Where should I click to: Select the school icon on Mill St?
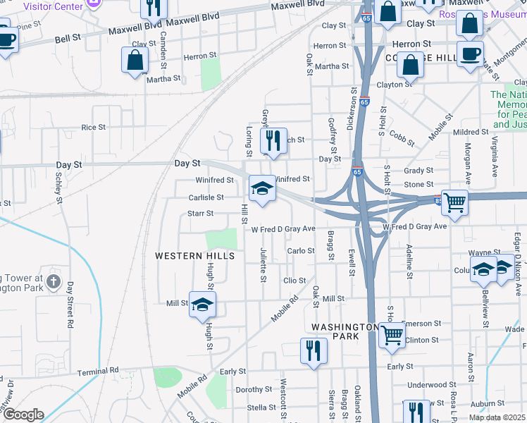pyautogui.click(x=202, y=304)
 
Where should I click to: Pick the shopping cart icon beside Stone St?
pyautogui.click(x=454, y=204)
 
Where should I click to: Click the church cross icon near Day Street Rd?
pyautogui.click(x=53, y=283)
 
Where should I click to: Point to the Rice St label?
pyautogui.click(x=93, y=128)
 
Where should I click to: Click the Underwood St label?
pyautogui.click(x=427, y=385)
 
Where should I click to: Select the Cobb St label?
pyautogui.click(x=402, y=138)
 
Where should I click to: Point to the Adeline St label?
pyautogui.click(x=409, y=262)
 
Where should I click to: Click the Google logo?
pyautogui.click(x=23, y=415)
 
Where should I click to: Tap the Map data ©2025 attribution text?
pyautogui.click(x=496, y=417)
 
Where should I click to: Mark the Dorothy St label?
pyautogui.click(x=249, y=390)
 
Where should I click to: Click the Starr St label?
pyautogui.click(x=201, y=212)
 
